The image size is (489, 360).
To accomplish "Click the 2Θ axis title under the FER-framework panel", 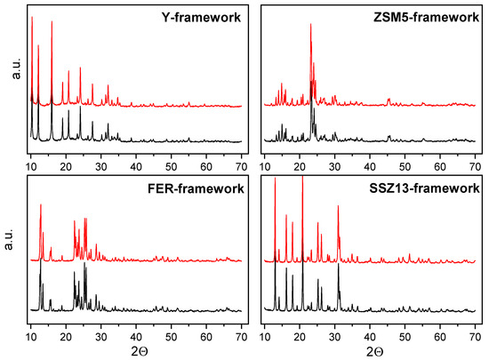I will [x=136, y=352].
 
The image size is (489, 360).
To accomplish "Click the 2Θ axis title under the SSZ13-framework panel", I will [x=369, y=352].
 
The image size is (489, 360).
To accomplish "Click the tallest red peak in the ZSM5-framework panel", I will [x=310, y=24].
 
